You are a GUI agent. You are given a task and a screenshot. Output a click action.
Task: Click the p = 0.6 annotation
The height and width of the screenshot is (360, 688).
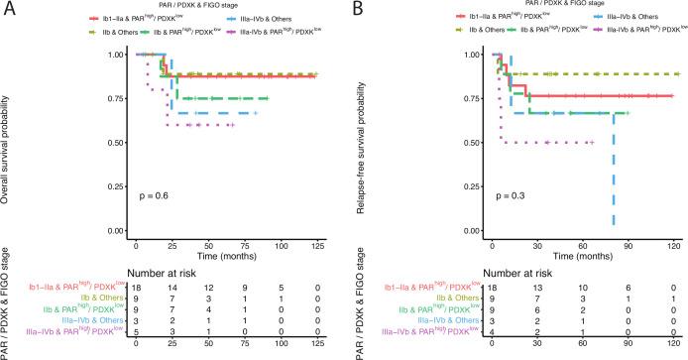tap(149, 196)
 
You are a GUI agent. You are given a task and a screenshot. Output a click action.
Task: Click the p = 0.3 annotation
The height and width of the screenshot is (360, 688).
tap(506, 196)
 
